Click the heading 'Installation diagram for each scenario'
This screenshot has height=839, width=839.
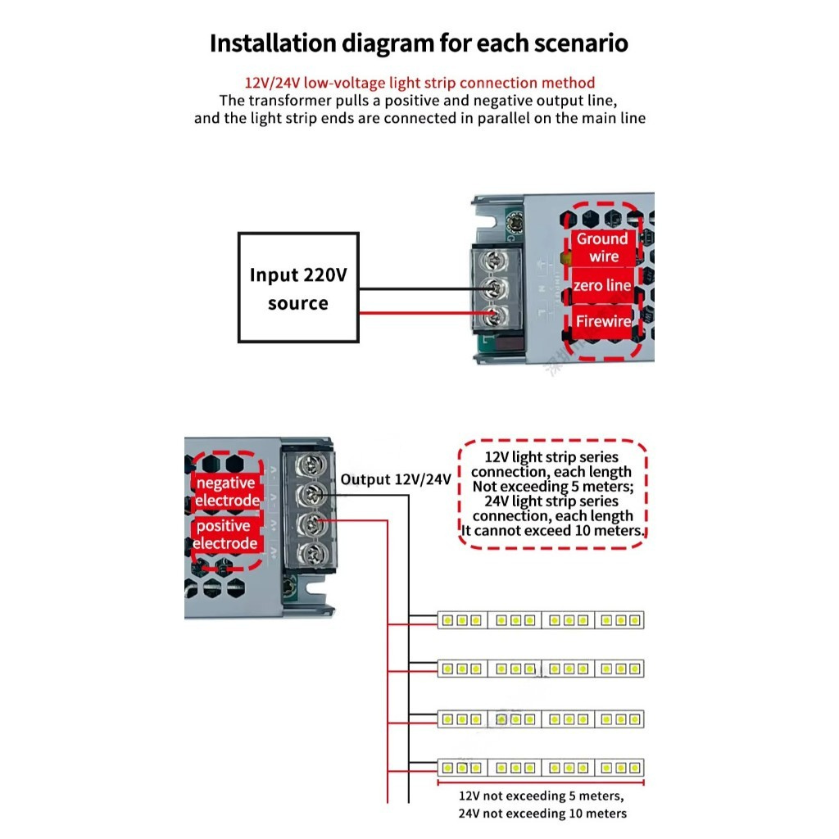(419, 43)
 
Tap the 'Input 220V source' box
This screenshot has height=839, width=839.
(298, 288)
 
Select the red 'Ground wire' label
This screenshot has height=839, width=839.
(602, 247)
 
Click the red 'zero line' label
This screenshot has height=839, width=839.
(602, 286)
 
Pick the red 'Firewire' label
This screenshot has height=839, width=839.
(602, 321)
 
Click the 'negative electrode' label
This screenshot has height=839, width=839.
(227, 492)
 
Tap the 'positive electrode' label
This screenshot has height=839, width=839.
(227, 534)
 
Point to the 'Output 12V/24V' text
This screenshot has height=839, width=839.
(396, 479)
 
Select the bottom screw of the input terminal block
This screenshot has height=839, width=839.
(493, 315)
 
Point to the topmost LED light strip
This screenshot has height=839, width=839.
(541, 620)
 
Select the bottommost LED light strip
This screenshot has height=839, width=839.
(541, 768)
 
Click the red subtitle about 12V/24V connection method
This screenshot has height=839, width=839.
(419, 83)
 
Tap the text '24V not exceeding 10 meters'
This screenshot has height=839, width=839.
(542, 814)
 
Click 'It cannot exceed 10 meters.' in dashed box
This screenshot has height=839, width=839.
(553, 531)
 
